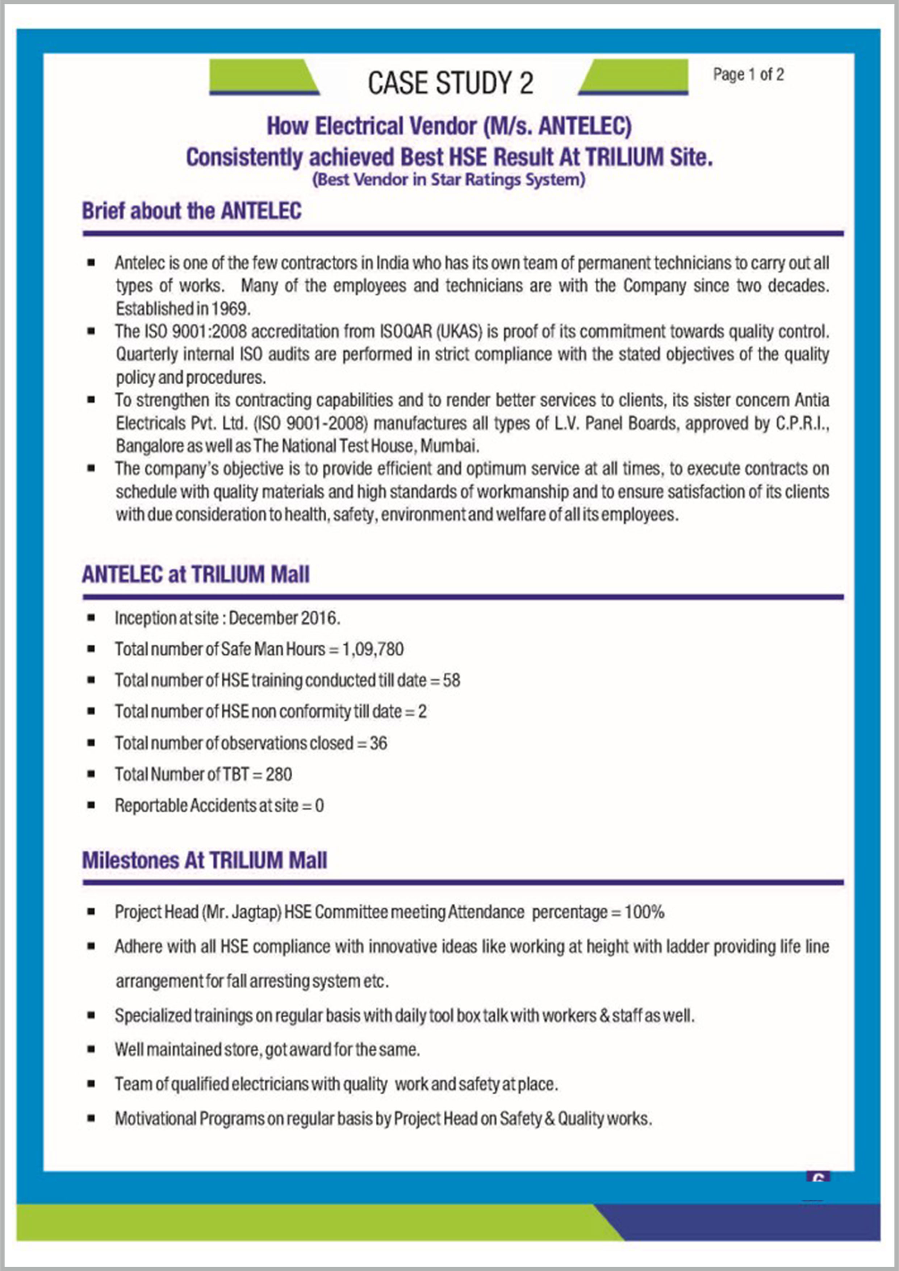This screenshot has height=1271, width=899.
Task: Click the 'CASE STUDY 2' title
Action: click(450, 83)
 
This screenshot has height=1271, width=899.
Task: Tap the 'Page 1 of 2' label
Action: click(748, 75)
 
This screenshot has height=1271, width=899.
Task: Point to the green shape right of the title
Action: click(634, 78)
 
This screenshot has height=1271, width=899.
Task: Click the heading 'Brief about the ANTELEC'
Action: click(192, 211)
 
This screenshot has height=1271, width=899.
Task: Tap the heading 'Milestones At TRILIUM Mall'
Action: click(204, 860)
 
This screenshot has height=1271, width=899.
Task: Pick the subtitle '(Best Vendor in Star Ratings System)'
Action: click(449, 180)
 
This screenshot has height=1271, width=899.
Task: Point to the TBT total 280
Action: click(279, 774)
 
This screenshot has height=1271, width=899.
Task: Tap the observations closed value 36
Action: click(379, 742)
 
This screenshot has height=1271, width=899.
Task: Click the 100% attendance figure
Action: click(644, 912)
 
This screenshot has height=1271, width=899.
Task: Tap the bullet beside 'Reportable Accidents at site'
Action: click(91, 805)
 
